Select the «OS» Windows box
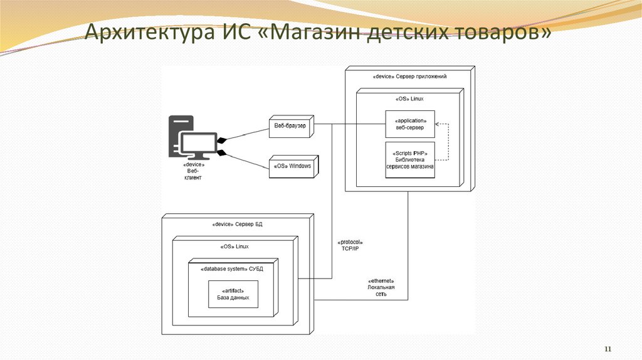click(292, 166)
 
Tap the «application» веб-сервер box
click(410, 124)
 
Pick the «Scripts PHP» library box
click(410, 160)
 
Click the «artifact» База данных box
click(233, 294)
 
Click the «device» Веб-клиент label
click(193, 171)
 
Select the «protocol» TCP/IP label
click(350, 245)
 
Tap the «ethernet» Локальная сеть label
click(381, 287)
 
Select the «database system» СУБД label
click(232, 269)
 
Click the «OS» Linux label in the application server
click(410, 98)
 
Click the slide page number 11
click(607, 349)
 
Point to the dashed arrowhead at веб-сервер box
click(438, 124)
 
